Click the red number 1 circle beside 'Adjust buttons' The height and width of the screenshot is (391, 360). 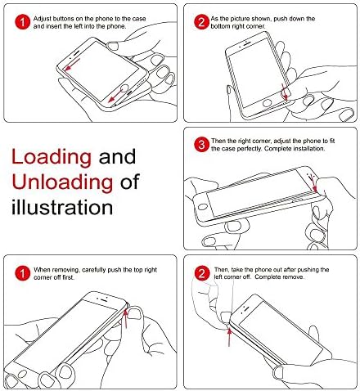(x=22, y=22)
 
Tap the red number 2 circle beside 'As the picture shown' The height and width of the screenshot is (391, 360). (x=201, y=22)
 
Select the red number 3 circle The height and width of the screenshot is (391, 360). (x=201, y=145)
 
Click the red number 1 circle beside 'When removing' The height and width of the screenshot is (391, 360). (x=22, y=273)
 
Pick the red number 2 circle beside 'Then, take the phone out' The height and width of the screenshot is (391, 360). (x=201, y=273)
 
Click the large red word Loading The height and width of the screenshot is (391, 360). (x=52, y=158)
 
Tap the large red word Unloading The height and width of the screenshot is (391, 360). (x=62, y=183)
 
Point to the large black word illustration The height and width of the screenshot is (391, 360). (x=62, y=207)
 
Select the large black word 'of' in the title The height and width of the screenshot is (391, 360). (x=130, y=182)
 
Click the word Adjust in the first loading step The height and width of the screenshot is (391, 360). (x=42, y=19)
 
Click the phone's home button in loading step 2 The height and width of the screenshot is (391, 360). (x=267, y=103)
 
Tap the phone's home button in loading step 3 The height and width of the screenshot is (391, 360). (x=202, y=207)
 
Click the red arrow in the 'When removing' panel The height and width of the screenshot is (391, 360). (x=126, y=318)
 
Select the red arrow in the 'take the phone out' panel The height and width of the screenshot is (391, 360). (x=229, y=337)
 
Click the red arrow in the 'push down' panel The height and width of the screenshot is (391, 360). (x=285, y=92)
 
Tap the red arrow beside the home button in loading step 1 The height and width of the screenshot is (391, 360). (x=115, y=97)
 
